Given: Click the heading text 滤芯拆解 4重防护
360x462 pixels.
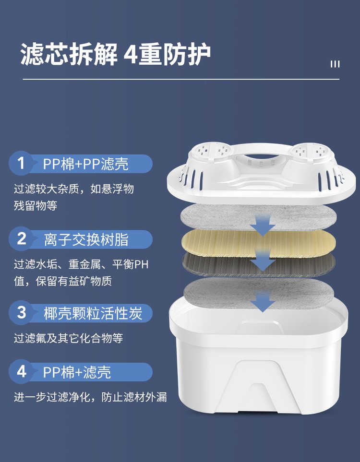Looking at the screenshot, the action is pyautogui.click(x=115, y=54).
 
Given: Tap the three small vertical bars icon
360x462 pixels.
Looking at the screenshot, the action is pyautogui.click(x=335, y=64).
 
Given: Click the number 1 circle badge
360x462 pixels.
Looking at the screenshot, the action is pyautogui.click(x=21, y=163).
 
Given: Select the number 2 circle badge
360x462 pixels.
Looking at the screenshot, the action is pyautogui.click(x=21, y=238).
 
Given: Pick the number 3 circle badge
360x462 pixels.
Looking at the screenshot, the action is pyautogui.click(x=21, y=313).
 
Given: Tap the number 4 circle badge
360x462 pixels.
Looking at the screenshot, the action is pyautogui.click(x=21, y=371).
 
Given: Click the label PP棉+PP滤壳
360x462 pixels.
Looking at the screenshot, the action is pyautogui.click(x=86, y=164).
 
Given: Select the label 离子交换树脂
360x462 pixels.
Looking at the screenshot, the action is pyautogui.click(x=86, y=239).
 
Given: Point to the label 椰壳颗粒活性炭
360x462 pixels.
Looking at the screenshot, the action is pyautogui.click(x=93, y=313).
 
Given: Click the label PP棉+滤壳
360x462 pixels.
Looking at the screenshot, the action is pyautogui.click(x=77, y=372).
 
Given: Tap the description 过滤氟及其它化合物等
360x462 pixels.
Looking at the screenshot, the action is pyautogui.click(x=69, y=338).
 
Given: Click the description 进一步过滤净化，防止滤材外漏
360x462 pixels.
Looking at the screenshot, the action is pyautogui.click(x=90, y=397).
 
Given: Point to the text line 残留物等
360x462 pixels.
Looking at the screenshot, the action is pyautogui.click(x=36, y=205).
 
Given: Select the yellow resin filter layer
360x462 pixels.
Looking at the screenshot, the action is pyautogui.click(x=259, y=243).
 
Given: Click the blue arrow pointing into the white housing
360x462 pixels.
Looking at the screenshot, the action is pyautogui.click(x=263, y=302).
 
